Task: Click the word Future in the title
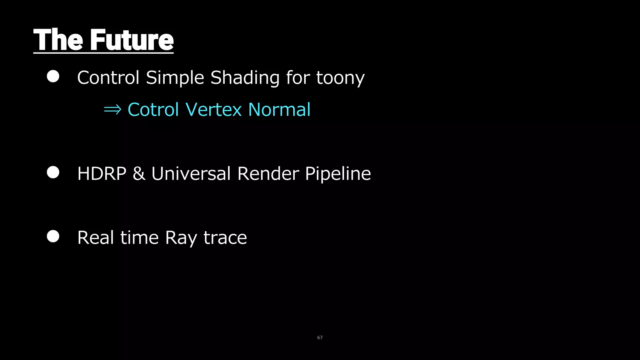(132, 40)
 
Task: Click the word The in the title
(58, 40)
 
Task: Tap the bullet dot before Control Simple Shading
(53, 76)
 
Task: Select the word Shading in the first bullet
(245, 77)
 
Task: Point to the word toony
(340, 78)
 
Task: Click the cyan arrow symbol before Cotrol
(112, 110)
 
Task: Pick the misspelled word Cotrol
(153, 110)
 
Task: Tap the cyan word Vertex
(214, 110)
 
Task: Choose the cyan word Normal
(279, 110)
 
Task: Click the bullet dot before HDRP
(53, 172)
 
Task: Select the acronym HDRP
(102, 173)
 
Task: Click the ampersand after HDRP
(139, 174)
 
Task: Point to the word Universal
(191, 173)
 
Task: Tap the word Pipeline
(338, 174)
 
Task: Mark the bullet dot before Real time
(53, 236)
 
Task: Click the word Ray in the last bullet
(181, 238)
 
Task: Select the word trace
(225, 238)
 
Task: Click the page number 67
(320, 337)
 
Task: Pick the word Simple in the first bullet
(175, 78)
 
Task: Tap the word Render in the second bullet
(268, 173)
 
